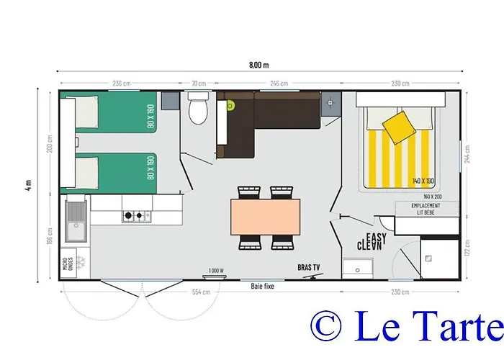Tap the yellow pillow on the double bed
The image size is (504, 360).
pyautogui.click(x=398, y=127)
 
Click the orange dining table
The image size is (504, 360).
pyautogui.click(x=265, y=217)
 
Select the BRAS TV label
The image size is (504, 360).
pyautogui.click(x=309, y=268)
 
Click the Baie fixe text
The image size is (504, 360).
pyautogui.click(x=262, y=286)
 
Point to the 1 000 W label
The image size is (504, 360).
pyautogui.click(x=216, y=271)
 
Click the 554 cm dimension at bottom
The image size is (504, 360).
pyautogui.click(x=202, y=292)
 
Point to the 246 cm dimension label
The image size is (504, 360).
pyautogui.click(x=279, y=84)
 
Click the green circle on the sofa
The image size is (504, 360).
pyautogui.click(x=230, y=106)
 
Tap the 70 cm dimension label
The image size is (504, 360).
pyautogui.click(x=197, y=84)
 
